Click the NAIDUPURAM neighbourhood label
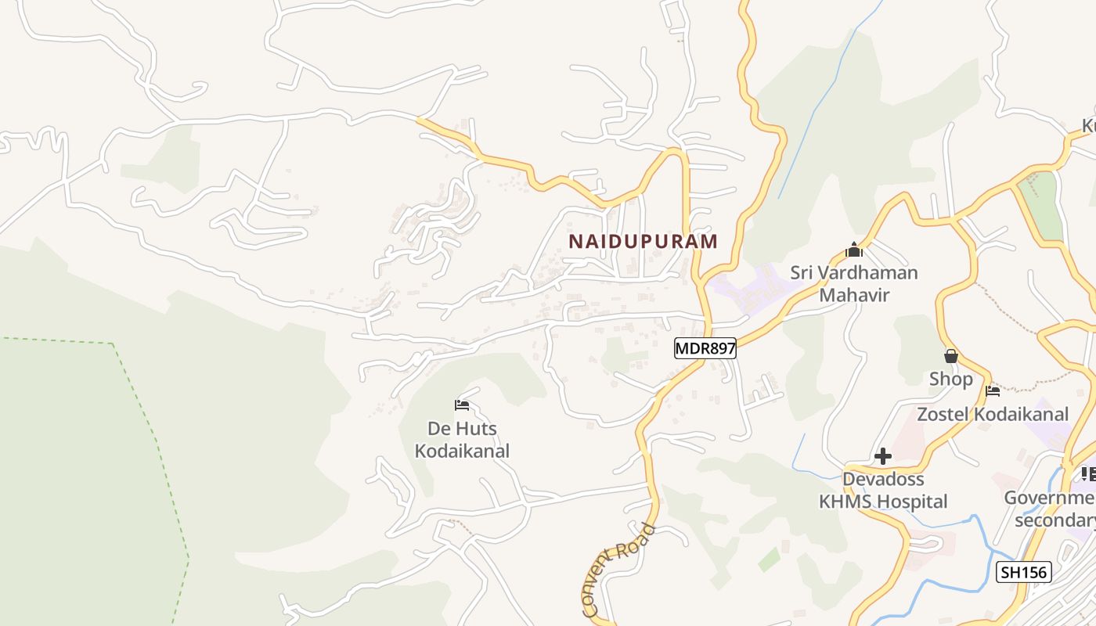pos(643,241)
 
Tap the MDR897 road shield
pos(705,348)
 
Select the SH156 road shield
pos(1023,572)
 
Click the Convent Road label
pos(618,569)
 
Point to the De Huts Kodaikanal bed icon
pos(462,405)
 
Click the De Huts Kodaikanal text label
pos(462,440)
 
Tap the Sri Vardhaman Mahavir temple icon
pos(854,250)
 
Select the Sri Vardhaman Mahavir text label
pos(854,283)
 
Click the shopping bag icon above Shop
pos(951,356)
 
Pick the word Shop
pos(951,379)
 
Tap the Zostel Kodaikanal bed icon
pos(993,390)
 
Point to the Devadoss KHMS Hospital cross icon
pos(883,456)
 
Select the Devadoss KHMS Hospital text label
pos(883,490)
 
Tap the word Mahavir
pos(854,295)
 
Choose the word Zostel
pos(942,414)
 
